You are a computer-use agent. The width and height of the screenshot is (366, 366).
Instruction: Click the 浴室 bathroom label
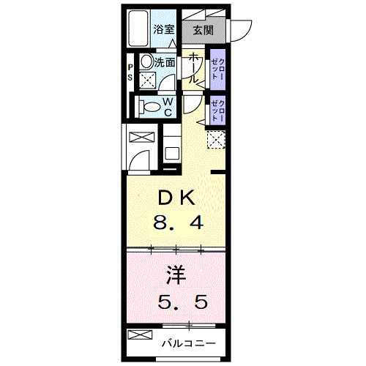tap(164, 30)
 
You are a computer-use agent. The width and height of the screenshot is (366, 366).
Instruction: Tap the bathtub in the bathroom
tap(138, 29)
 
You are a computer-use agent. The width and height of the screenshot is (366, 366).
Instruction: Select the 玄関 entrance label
tap(203, 30)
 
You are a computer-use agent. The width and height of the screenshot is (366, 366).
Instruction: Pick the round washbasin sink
tap(146, 62)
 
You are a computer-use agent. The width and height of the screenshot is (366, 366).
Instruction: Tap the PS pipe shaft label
tap(130, 72)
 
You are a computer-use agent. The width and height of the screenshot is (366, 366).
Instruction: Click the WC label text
tap(167, 107)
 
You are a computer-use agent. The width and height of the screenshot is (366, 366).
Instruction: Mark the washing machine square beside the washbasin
tap(147, 81)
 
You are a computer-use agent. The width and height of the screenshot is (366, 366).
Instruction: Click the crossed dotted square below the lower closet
tap(215, 139)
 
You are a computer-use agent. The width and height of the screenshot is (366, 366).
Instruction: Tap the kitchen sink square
tap(170, 154)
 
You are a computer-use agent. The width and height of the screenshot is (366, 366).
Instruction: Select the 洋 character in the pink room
tap(174, 276)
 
